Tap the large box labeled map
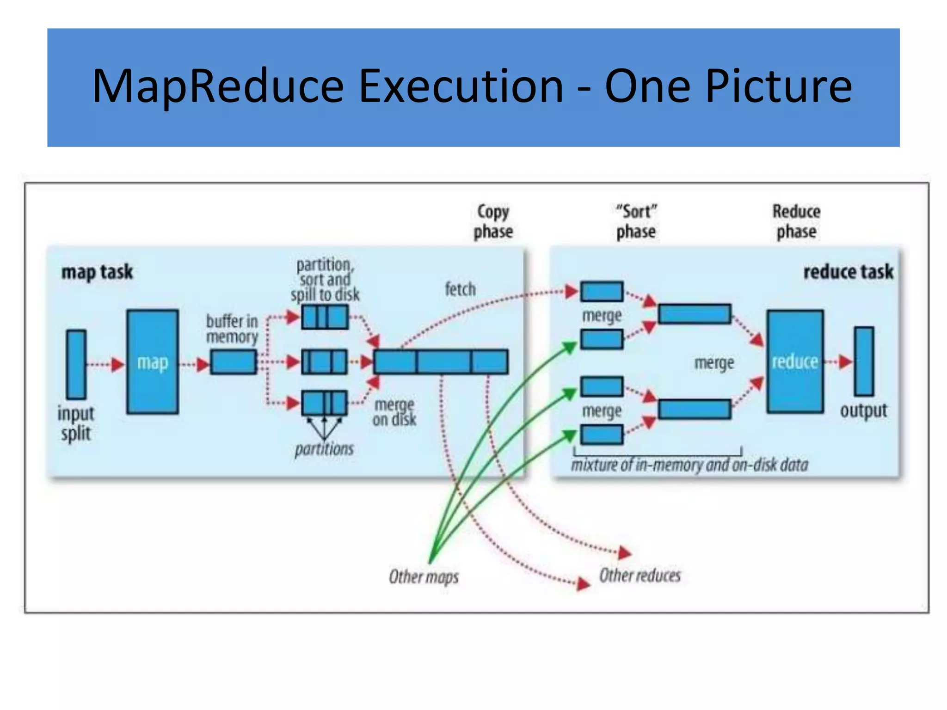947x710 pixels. pyautogui.click(x=153, y=361)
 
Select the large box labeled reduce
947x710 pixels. pyautogui.click(x=795, y=361)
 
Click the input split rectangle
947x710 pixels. pyautogui.click(x=76, y=364)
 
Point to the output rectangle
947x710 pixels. pyautogui.click(x=864, y=361)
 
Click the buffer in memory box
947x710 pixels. pyautogui.click(x=234, y=362)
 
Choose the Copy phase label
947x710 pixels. pyautogui.click(x=493, y=222)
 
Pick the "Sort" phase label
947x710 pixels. pyautogui.click(x=636, y=222)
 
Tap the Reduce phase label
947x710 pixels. pyautogui.click(x=796, y=222)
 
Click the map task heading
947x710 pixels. pyautogui.click(x=97, y=272)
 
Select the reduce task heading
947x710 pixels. pyautogui.click(x=848, y=272)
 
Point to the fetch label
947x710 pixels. pyautogui.click(x=460, y=289)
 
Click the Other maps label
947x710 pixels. pyautogui.click(x=424, y=576)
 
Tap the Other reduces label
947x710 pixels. pyautogui.click(x=640, y=575)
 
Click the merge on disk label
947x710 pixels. pyautogui.click(x=394, y=412)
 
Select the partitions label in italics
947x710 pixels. pyautogui.click(x=324, y=449)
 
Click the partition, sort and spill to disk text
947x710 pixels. pyautogui.click(x=325, y=280)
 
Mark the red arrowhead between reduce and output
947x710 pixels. pyautogui.click(x=845, y=361)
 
